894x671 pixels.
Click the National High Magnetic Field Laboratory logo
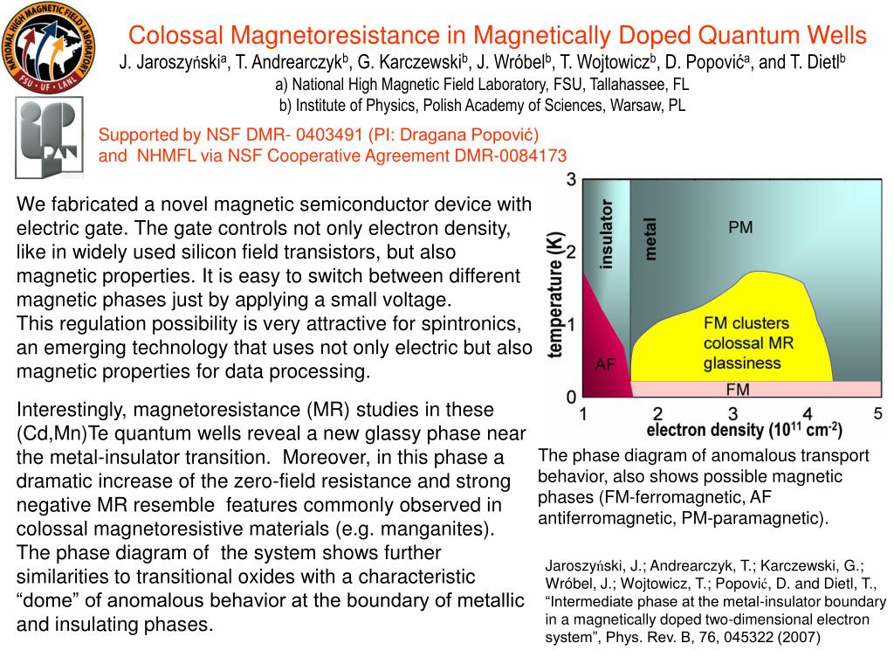[48, 48]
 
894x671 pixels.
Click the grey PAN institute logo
[50, 137]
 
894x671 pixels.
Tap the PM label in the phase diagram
[740, 227]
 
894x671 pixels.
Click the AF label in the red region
[605, 364]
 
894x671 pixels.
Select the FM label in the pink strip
[739, 389]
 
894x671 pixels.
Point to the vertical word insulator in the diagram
[606, 233]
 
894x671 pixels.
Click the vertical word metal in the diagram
[651, 239]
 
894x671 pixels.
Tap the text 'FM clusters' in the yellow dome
[746, 323]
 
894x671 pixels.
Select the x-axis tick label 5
[878, 413]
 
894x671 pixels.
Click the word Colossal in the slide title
[175, 35]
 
